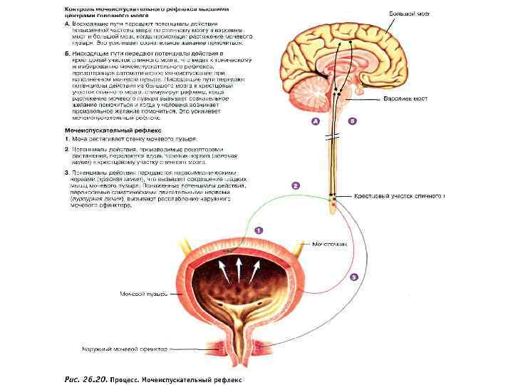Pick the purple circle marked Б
pos(352,122)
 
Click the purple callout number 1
pos(259,230)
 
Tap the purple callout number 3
pos(354,277)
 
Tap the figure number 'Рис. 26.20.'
pos(85,379)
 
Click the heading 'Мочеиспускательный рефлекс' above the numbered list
pos(113,130)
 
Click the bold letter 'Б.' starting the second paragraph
pos(66,53)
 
